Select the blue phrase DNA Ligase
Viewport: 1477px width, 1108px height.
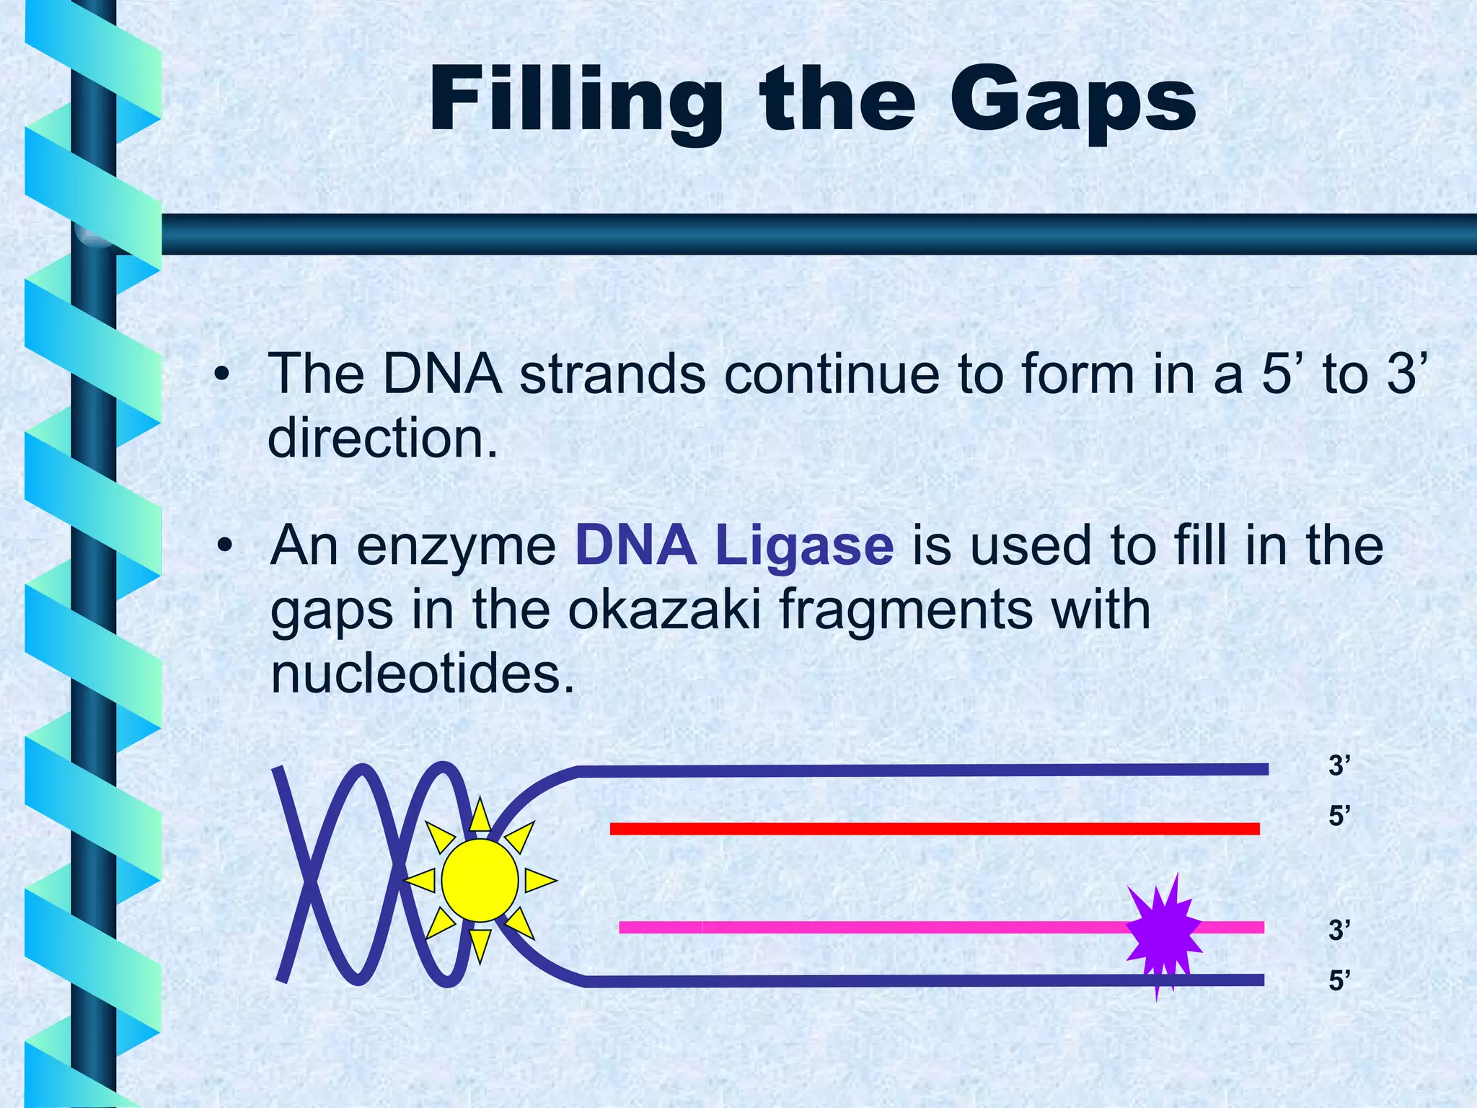coord(733,546)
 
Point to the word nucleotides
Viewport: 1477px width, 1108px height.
coord(423,674)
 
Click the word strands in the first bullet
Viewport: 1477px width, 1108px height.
coord(612,374)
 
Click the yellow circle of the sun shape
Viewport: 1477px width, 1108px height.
coord(480,880)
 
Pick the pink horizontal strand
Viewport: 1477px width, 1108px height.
coord(865,928)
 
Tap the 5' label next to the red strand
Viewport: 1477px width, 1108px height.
coord(1339,817)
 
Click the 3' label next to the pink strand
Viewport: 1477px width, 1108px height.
coord(1339,931)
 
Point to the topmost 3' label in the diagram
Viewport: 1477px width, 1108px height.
coord(1339,765)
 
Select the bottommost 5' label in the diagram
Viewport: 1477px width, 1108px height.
coord(1339,981)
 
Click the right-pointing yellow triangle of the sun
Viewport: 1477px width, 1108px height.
coord(538,881)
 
